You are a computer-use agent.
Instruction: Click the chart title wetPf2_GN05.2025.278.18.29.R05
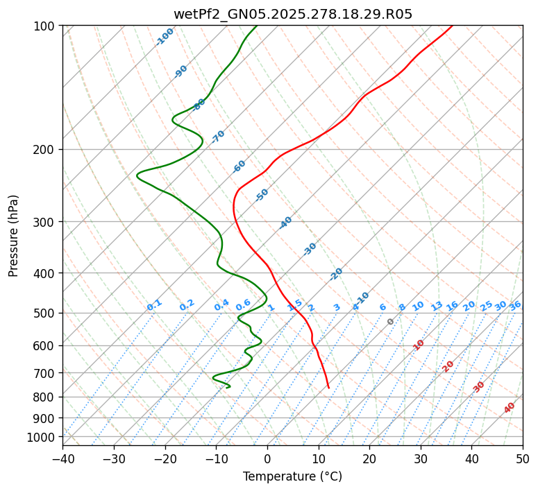(292, 14)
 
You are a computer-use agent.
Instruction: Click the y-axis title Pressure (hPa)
(14, 236)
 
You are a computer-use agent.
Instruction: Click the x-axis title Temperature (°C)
(292, 477)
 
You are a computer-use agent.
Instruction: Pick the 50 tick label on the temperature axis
(523, 458)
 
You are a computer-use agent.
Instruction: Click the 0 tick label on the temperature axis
(267, 458)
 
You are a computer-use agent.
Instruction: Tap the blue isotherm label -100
(165, 37)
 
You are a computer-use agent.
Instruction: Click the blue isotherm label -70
(218, 137)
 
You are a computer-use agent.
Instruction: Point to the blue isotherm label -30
(310, 249)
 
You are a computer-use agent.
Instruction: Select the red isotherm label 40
(510, 408)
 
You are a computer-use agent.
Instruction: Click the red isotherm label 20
(448, 366)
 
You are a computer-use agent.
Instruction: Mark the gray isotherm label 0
(391, 322)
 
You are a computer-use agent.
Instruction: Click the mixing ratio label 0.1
(155, 304)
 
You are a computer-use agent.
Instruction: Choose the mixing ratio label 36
(515, 306)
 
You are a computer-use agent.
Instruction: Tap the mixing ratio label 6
(383, 307)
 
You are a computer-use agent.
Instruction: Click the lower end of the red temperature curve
(328, 388)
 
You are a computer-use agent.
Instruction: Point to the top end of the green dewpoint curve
(256, 26)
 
